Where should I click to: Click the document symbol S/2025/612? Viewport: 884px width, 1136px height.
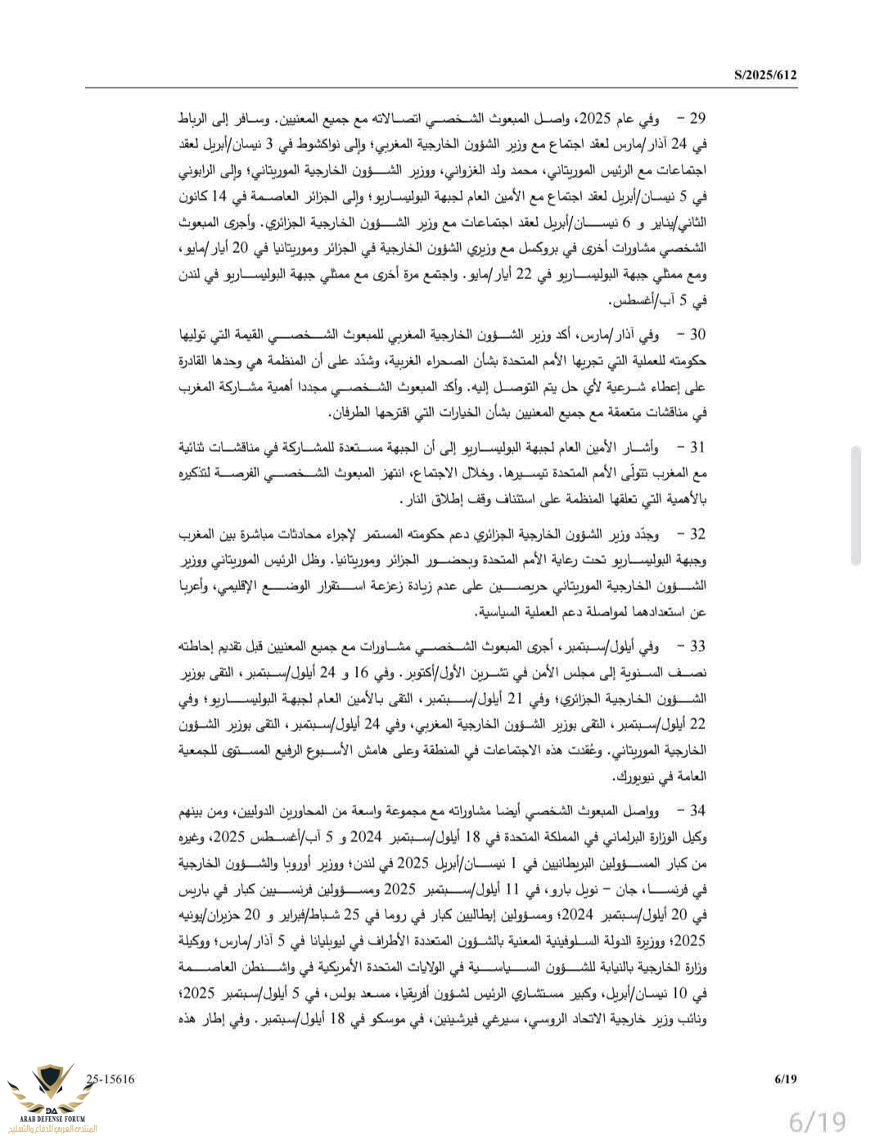click(764, 75)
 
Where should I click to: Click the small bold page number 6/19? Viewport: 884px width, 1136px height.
click(785, 1079)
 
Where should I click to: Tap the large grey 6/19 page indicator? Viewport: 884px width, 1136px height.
click(816, 1118)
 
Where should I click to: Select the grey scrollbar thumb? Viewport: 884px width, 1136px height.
click(855, 506)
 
